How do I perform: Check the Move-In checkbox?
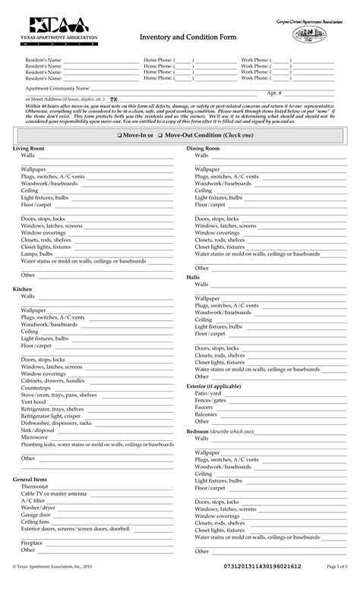tap(119, 134)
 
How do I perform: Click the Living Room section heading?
tap(29, 149)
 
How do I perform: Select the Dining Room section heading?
tap(203, 149)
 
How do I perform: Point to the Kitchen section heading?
tap(22, 290)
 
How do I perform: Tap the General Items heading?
tap(30, 480)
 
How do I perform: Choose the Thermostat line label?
tap(36, 487)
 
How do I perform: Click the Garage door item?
tap(36, 515)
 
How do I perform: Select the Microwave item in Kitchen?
tap(34, 438)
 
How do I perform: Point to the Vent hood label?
tap(33, 401)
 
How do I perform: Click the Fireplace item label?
tap(32, 543)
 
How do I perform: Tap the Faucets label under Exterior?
tap(204, 407)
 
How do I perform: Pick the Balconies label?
tap(206, 414)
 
